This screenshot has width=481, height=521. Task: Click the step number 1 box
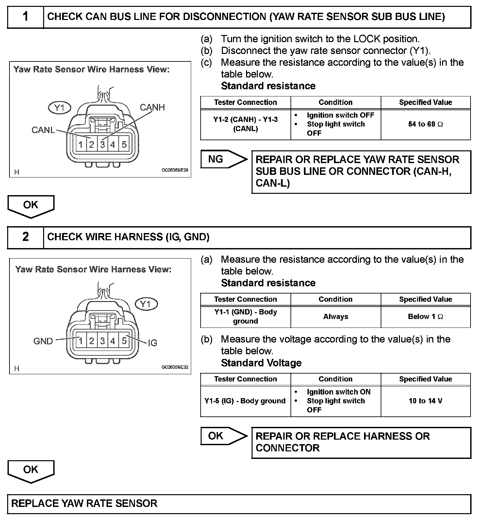(x=25, y=17)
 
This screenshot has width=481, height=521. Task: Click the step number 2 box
(x=25, y=237)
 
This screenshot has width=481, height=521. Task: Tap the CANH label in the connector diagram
(x=152, y=108)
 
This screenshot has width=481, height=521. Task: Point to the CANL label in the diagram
(x=43, y=130)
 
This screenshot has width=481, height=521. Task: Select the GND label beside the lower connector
(x=43, y=341)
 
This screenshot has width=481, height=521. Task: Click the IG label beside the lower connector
(x=153, y=343)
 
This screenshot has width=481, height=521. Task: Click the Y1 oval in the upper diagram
(x=59, y=108)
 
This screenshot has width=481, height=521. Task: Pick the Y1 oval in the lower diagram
(x=146, y=304)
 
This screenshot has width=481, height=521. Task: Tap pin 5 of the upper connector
(x=124, y=144)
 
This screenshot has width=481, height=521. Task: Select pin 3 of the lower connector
(x=102, y=341)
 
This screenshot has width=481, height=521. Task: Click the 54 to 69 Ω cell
(x=425, y=124)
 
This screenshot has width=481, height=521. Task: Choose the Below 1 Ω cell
(x=425, y=317)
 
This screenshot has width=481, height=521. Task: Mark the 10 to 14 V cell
(x=425, y=401)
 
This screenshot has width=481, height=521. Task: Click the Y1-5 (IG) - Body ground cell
(x=245, y=401)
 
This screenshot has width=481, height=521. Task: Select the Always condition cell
(x=336, y=317)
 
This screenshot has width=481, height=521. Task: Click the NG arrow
(x=222, y=160)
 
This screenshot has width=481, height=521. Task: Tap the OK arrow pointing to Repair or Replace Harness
(x=222, y=436)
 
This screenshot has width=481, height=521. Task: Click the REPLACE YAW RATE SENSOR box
(x=239, y=503)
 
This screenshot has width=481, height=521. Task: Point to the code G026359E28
(x=175, y=170)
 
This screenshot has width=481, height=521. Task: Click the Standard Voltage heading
(x=261, y=363)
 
